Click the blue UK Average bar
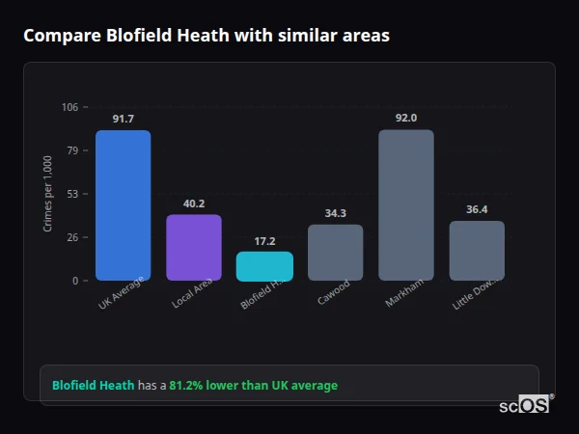[123, 205]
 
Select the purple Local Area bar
[194, 247]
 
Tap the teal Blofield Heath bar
[264, 266]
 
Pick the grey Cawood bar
[335, 253]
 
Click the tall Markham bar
[406, 205]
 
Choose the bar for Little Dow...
[477, 251]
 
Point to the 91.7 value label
[123, 119]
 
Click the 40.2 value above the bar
[194, 203]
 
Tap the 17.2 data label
[264, 241]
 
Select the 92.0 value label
[406, 118]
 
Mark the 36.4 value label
[477, 209]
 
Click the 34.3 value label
[335, 213]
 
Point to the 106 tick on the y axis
[70, 107]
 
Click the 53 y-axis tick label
[73, 194]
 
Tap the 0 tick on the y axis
[75, 281]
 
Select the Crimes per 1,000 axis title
[48, 194]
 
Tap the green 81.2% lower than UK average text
[253, 386]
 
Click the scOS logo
[525, 405]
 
